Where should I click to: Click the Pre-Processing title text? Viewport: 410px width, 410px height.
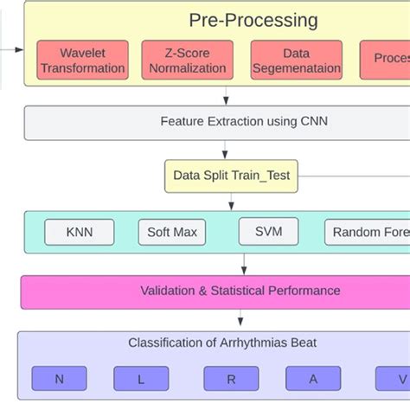(x=253, y=20)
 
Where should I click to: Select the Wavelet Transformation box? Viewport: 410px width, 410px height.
(x=83, y=60)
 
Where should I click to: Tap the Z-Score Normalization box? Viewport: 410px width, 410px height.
(x=188, y=60)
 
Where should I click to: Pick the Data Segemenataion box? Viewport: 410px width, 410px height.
(x=295, y=60)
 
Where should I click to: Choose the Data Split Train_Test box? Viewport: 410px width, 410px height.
(x=232, y=176)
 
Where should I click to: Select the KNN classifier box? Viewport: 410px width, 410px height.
(x=79, y=232)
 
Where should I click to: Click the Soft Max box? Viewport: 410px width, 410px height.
(x=172, y=232)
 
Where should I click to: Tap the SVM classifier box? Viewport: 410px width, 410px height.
(x=268, y=231)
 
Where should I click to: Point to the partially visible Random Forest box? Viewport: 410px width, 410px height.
(x=367, y=232)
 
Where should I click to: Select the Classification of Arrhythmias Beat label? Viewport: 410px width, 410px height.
(x=222, y=343)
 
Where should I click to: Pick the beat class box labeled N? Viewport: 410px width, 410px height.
(x=60, y=379)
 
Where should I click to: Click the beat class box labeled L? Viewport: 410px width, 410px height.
(x=140, y=379)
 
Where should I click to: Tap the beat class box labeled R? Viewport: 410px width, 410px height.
(x=231, y=379)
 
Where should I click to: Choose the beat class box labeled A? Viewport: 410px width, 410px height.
(x=313, y=379)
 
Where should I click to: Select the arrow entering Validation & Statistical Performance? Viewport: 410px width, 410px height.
(x=243, y=264)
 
